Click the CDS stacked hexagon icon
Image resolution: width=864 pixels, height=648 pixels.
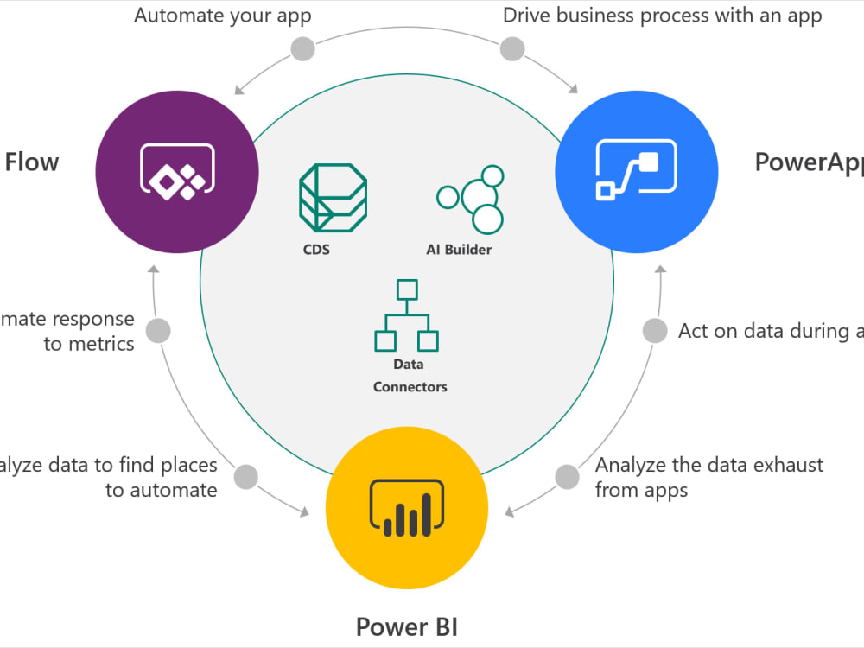[333, 197]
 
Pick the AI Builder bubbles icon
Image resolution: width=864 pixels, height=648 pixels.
[470, 197]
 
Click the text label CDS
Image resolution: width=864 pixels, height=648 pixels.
[316, 250]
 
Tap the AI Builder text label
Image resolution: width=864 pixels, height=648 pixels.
[459, 250]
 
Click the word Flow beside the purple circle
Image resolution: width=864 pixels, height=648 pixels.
[32, 162]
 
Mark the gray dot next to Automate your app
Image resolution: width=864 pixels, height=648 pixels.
[302, 49]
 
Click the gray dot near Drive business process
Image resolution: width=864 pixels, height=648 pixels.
[511, 48]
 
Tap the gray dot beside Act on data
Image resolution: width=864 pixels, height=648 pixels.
[656, 331]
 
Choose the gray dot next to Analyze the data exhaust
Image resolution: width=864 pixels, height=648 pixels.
[567, 476]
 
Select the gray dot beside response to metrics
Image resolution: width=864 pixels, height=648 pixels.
[157, 331]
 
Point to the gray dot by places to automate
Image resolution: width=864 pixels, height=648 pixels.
[246, 476]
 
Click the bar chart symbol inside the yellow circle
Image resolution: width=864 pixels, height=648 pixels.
[406, 510]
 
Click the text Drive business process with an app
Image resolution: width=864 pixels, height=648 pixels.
[663, 15]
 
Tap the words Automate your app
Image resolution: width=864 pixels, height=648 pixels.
[222, 15]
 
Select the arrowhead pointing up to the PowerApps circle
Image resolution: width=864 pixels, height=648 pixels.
[660, 270]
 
